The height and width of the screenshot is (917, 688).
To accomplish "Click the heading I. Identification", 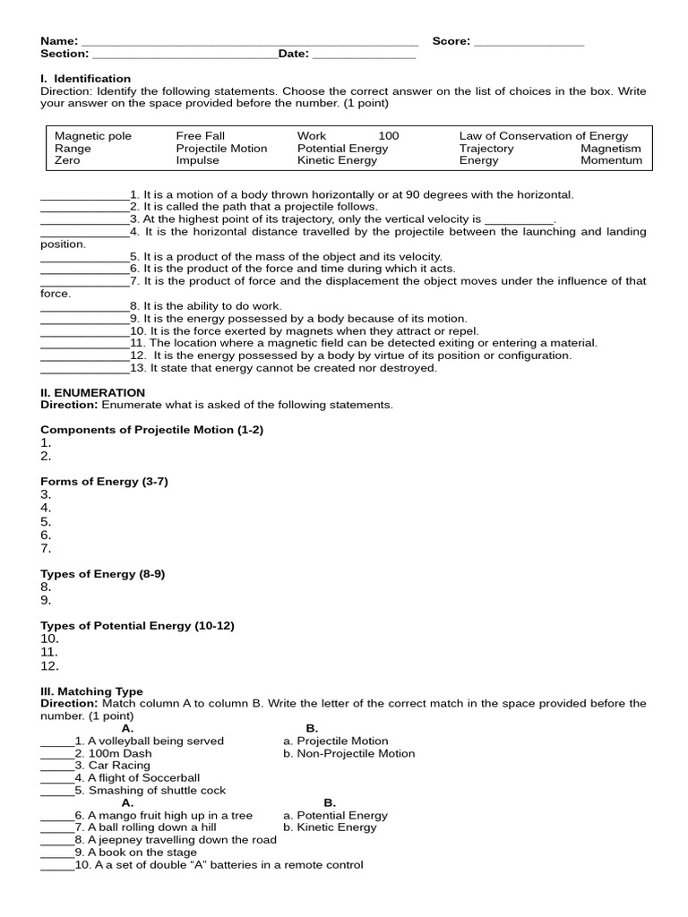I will click(x=86, y=79).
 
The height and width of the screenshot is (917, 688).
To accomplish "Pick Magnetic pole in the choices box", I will click(x=93, y=136).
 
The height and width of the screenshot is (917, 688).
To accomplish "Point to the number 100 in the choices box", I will click(x=389, y=136).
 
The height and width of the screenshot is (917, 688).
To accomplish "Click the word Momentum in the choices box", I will click(x=611, y=161).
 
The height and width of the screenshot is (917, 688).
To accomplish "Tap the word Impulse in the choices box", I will click(x=197, y=161).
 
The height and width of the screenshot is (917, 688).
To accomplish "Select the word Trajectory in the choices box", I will click(x=486, y=149).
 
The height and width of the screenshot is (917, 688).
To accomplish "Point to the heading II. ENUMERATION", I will click(x=92, y=392).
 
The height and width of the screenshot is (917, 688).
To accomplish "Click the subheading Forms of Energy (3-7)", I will click(x=104, y=482).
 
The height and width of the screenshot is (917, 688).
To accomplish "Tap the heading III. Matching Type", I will click(x=91, y=691).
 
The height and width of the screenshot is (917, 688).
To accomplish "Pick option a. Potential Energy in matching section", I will click(x=335, y=816).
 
